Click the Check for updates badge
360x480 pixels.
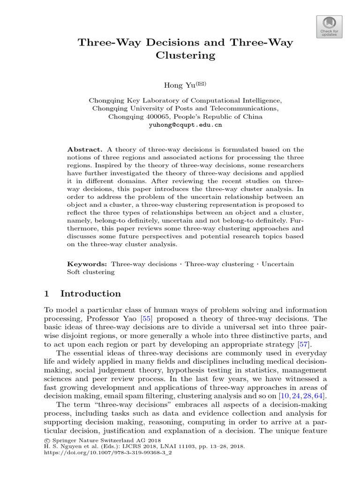[330, 26]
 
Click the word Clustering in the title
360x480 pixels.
[185, 55]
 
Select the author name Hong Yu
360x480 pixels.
[175, 85]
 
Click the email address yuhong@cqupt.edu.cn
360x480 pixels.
[185, 125]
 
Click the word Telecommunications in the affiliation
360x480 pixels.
[242, 108]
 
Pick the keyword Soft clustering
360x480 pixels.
[91, 272]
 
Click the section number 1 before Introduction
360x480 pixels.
[46, 294]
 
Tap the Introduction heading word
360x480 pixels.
[90, 294]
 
